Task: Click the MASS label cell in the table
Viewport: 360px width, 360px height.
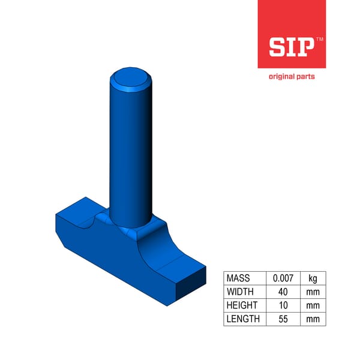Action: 238,278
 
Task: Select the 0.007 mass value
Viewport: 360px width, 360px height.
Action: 283,278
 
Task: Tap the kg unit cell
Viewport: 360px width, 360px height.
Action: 313,278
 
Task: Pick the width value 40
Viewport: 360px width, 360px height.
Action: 283,292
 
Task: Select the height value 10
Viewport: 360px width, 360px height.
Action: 283,305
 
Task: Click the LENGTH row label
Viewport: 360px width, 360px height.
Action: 242,319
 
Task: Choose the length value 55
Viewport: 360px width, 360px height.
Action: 283,319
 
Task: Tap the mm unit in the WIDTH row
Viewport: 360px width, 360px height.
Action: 313,292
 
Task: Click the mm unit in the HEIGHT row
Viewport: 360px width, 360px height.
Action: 313,305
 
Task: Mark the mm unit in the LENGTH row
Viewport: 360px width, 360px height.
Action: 313,319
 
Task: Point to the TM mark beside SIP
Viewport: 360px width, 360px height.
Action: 319,39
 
